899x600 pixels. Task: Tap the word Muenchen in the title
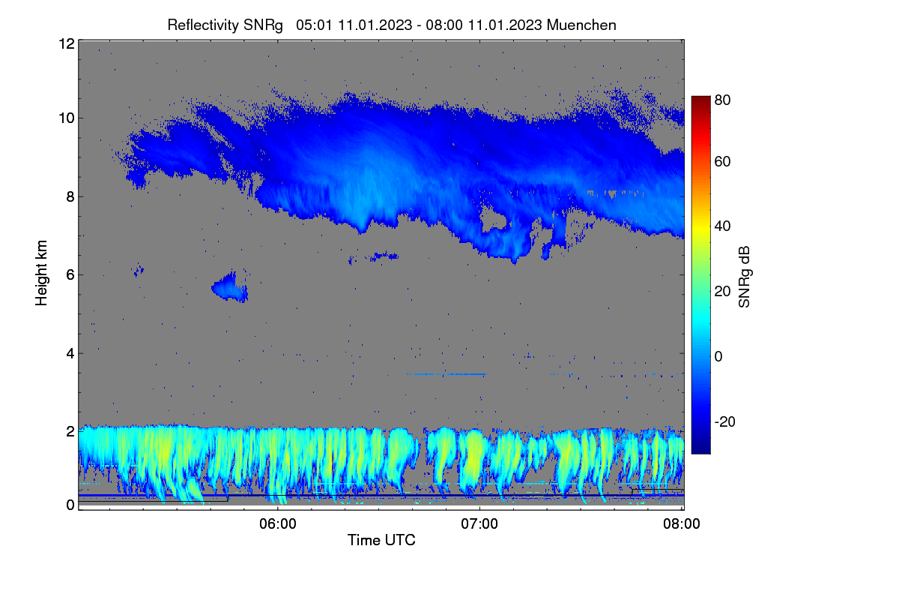[581, 25]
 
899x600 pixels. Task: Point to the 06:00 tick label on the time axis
[278, 523]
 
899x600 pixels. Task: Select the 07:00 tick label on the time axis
[479, 523]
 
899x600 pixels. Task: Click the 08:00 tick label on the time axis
[682, 523]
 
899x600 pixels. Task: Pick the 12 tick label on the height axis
[67, 43]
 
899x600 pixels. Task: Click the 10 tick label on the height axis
[67, 118]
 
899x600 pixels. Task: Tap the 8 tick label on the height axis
[70, 197]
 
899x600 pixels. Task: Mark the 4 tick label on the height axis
[70, 354]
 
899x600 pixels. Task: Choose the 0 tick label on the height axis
[70, 505]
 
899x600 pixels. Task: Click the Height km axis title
[41, 273]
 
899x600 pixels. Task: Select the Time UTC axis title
[381, 540]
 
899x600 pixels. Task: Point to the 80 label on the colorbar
[722, 100]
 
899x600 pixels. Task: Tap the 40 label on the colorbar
[722, 226]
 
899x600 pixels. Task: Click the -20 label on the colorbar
[725, 421]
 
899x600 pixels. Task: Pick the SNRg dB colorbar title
[744, 277]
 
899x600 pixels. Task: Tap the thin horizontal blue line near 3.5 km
[447, 374]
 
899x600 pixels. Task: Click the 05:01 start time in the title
[314, 25]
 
